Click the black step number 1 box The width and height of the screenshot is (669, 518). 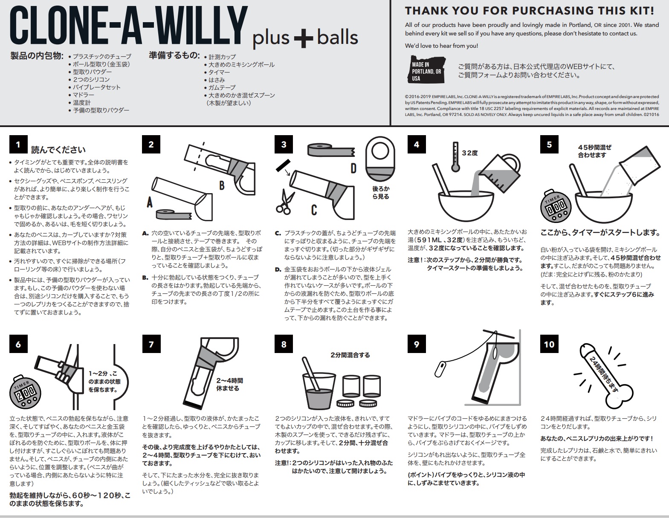coord(18,145)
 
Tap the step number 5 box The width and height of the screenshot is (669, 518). coord(549,145)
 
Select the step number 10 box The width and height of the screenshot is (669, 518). coord(549,344)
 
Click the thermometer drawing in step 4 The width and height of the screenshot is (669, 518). coord(455,156)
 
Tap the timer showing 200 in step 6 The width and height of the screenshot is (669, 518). coord(25,391)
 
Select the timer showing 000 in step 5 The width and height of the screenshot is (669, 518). coord(556,206)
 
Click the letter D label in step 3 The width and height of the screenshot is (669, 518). coord(353,168)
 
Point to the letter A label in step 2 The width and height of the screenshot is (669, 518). coord(150,203)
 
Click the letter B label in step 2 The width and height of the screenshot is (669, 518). coord(222,185)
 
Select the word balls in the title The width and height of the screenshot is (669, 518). coord(337,37)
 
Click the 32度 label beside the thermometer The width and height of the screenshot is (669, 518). coord(470,153)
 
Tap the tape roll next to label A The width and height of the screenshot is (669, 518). coord(174,214)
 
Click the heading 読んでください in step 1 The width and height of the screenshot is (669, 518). coord(58,150)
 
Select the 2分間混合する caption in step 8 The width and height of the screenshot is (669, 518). coord(350,355)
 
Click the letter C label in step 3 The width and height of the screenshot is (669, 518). coord(314,210)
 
